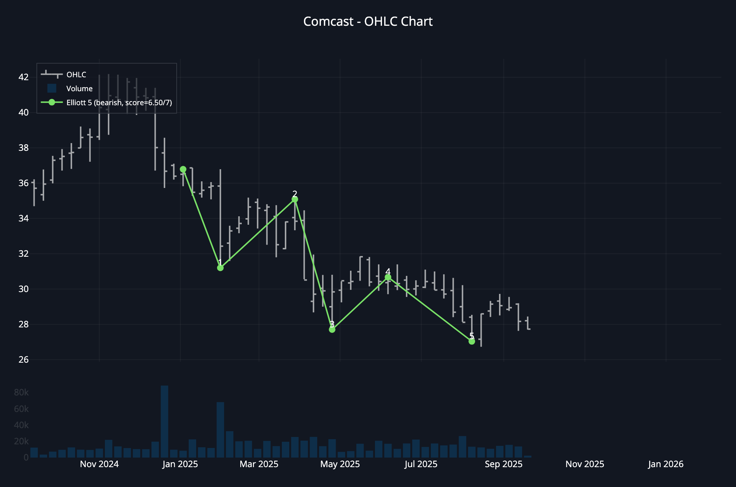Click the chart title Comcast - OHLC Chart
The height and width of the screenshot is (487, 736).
click(368, 21)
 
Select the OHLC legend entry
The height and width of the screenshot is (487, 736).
click(76, 75)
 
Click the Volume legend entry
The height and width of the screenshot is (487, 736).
click(79, 89)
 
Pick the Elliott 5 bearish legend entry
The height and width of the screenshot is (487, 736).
click(119, 103)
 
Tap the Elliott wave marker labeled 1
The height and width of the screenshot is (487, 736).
click(220, 268)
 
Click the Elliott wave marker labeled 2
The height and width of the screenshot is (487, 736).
click(295, 199)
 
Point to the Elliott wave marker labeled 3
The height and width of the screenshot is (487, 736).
click(332, 330)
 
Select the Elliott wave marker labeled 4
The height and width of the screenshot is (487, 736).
click(388, 277)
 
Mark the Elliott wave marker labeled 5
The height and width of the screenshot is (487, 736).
click(472, 341)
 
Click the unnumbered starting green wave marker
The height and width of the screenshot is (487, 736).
click(183, 169)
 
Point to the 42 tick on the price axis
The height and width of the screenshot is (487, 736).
click(24, 77)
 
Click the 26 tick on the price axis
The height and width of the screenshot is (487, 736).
click(24, 359)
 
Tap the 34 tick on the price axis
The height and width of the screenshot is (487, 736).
click(24, 218)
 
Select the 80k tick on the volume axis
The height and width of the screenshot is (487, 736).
click(21, 392)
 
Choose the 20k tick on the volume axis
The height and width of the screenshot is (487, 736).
click(21, 441)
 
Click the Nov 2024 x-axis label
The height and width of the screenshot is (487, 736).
click(99, 464)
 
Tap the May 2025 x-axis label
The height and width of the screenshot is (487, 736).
click(340, 464)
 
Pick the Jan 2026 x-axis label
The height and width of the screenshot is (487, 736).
click(666, 464)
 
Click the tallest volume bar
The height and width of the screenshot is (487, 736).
click(164, 422)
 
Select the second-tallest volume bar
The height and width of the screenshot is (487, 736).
click(220, 430)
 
